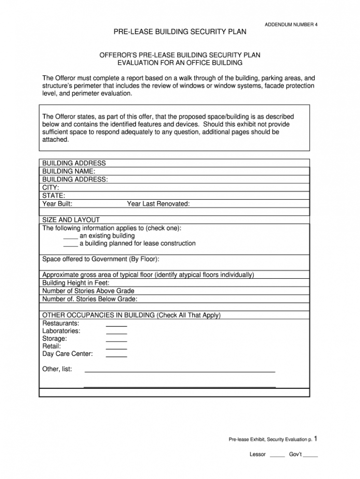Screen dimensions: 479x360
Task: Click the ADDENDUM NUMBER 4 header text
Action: pos(291,24)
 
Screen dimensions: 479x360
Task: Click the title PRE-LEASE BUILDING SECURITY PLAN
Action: pos(180,32)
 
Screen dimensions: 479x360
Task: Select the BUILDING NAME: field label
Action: pos(69,171)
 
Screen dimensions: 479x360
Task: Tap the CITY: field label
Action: pos(51,187)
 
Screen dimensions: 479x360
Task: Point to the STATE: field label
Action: pos(54,195)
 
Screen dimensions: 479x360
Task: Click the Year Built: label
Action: pos(57,204)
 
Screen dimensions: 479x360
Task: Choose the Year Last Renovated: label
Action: pos(158,204)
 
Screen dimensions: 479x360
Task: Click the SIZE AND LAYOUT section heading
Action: pos(71,219)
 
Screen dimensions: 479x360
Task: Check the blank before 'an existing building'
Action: pos(70,236)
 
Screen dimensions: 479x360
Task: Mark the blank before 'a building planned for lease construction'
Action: pos(70,244)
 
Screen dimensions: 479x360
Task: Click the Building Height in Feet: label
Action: pos(76,283)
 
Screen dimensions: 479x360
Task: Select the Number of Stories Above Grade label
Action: pos(88,291)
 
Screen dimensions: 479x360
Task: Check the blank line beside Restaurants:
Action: pos(116,326)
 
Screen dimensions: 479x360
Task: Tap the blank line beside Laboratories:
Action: pos(116,333)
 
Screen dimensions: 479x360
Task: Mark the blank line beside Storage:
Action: pos(116,341)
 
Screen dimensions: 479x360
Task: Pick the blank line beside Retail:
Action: pos(116,349)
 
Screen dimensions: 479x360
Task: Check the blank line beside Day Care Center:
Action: pos(116,356)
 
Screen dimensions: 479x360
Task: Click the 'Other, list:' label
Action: pos(57,369)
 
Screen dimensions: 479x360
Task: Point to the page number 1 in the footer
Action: pos(316,439)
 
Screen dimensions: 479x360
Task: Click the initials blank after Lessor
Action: pos(277,456)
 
